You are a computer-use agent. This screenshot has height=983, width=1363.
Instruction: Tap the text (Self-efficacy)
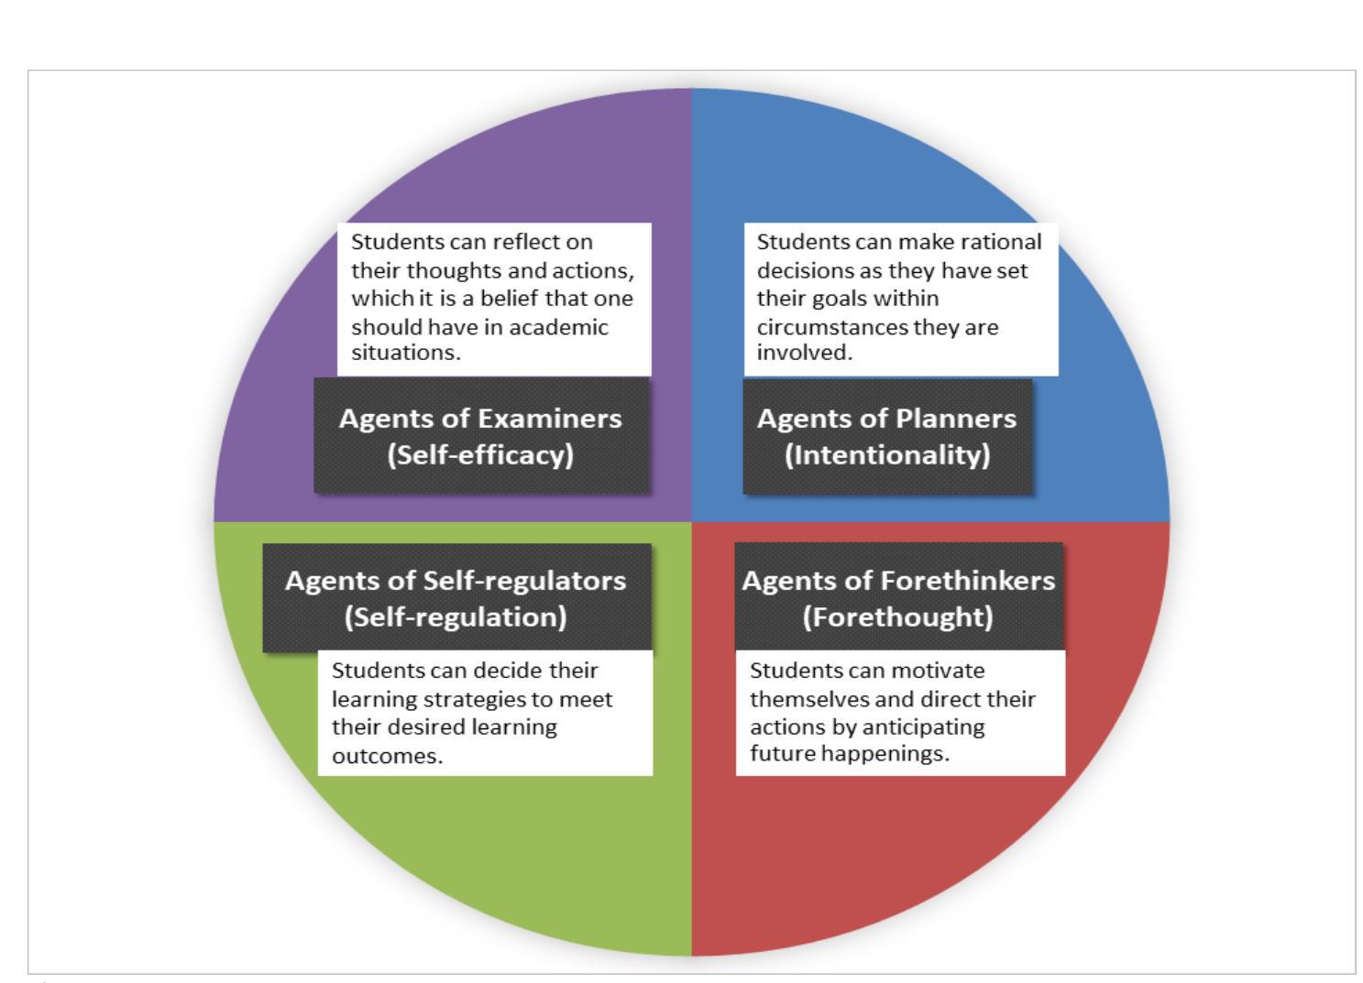point(480,454)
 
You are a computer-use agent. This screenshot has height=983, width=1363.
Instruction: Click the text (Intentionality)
point(887,454)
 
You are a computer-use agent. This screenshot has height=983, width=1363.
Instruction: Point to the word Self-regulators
point(525,581)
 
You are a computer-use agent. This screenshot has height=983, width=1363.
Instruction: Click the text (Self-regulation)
point(456,617)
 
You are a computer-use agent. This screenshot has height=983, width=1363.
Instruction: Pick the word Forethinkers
point(967,581)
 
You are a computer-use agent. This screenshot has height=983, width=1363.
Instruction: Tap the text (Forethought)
point(898,617)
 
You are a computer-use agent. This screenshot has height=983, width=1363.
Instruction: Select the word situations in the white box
point(404,354)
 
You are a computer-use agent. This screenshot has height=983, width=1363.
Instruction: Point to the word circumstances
point(831,327)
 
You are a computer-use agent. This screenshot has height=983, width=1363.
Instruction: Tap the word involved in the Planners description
point(802,354)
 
